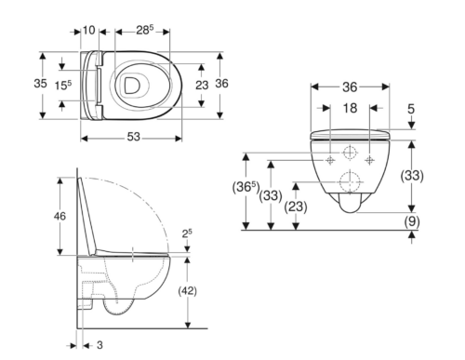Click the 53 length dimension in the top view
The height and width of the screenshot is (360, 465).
coord(134,137)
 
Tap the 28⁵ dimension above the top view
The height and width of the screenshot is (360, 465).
coord(145,30)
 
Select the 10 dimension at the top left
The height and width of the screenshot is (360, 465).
coord(88,31)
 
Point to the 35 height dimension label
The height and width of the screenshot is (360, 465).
coord(40,84)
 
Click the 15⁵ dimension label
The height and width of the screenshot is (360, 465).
coord(63,86)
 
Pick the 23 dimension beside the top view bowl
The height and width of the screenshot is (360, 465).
coord(202,85)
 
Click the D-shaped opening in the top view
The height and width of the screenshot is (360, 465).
coord(132,86)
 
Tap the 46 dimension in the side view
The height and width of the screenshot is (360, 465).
coord(60,216)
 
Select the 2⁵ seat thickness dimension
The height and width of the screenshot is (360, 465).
coord(187,233)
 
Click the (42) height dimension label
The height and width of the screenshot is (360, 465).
coord(187,291)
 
